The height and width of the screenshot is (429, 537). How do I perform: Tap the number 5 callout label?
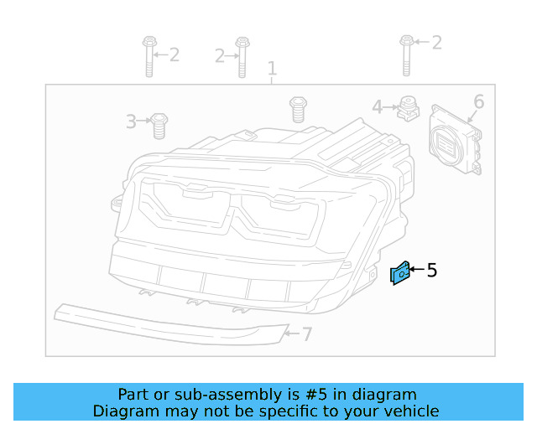click(432, 270)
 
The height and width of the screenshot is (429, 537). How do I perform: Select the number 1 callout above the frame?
click(271, 67)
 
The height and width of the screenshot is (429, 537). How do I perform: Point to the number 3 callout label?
click(131, 122)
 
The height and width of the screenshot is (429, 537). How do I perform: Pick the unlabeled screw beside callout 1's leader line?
click(297, 109)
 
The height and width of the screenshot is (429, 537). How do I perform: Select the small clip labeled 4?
click(409, 108)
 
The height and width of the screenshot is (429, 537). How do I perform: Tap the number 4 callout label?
click(378, 106)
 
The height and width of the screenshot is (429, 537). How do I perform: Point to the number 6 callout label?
click(478, 101)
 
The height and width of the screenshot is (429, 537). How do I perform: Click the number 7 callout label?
click(307, 334)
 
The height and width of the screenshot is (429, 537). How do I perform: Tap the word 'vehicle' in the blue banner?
click(410, 411)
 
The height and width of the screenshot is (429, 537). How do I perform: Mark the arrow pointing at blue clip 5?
click(415, 270)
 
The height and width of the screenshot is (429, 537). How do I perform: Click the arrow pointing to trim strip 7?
click(292, 333)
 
